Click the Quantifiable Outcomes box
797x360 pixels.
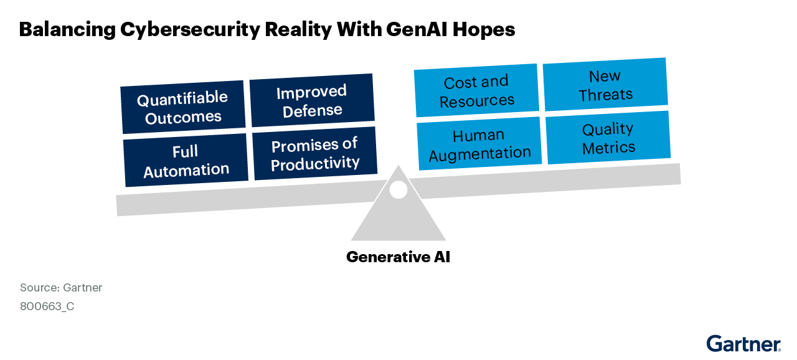[183, 107]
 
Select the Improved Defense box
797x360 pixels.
[312, 100]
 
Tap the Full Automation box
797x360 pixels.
[186, 160]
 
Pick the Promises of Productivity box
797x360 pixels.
[315, 153]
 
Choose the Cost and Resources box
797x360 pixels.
[476, 90]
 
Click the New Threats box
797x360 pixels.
[606, 84]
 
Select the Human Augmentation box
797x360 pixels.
[479, 143]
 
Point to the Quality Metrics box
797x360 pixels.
[608, 137]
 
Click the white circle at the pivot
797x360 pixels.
[398, 189]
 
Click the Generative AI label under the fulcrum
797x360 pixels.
[398, 257]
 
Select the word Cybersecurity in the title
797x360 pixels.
[190, 30]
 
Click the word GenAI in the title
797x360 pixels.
[417, 29]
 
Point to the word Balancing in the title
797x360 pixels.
[67, 30]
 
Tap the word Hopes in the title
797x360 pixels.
[484, 30]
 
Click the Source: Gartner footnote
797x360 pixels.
[61, 287]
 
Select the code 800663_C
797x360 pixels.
[47, 306]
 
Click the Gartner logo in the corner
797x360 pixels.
[743, 344]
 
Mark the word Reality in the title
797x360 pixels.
[298, 30]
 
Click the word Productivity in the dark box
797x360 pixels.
[315, 163]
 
